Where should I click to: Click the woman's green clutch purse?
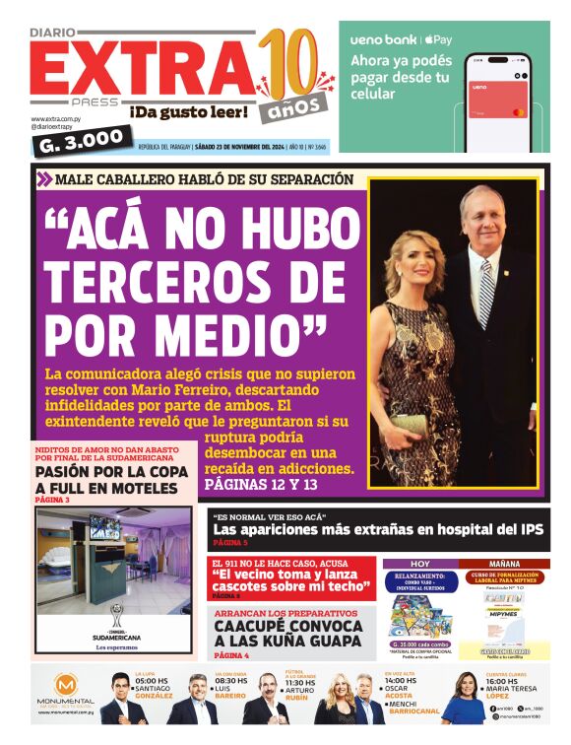tap(410, 424)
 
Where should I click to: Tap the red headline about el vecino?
tap(291, 579)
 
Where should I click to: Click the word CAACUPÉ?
tap(258, 626)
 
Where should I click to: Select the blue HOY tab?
tap(419, 565)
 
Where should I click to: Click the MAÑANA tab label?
tap(503, 565)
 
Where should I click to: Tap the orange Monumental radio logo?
tap(65, 684)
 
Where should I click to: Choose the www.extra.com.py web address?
tap(55, 118)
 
